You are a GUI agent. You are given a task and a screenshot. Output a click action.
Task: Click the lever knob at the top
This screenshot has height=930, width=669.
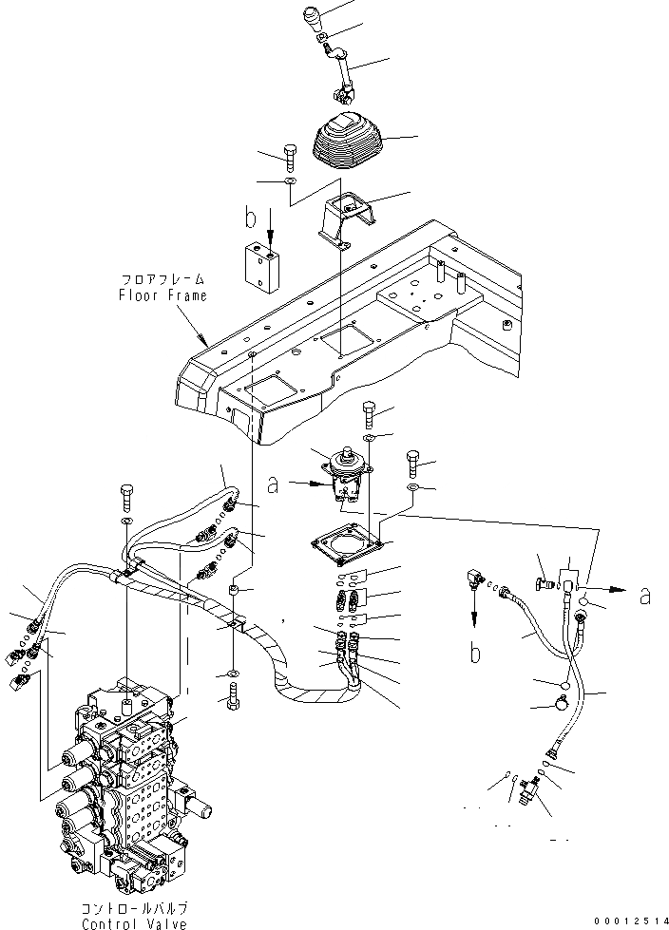pyautogui.click(x=315, y=19)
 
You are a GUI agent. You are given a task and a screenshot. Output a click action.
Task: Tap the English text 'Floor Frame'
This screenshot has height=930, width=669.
pyautogui.click(x=162, y=294)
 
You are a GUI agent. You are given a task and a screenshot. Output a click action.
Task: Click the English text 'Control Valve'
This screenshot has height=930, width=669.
pyautogui.click(x=134, y=922)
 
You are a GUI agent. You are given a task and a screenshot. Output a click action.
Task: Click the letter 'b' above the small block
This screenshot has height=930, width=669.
pyautogui.click(x=251, y=218)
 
